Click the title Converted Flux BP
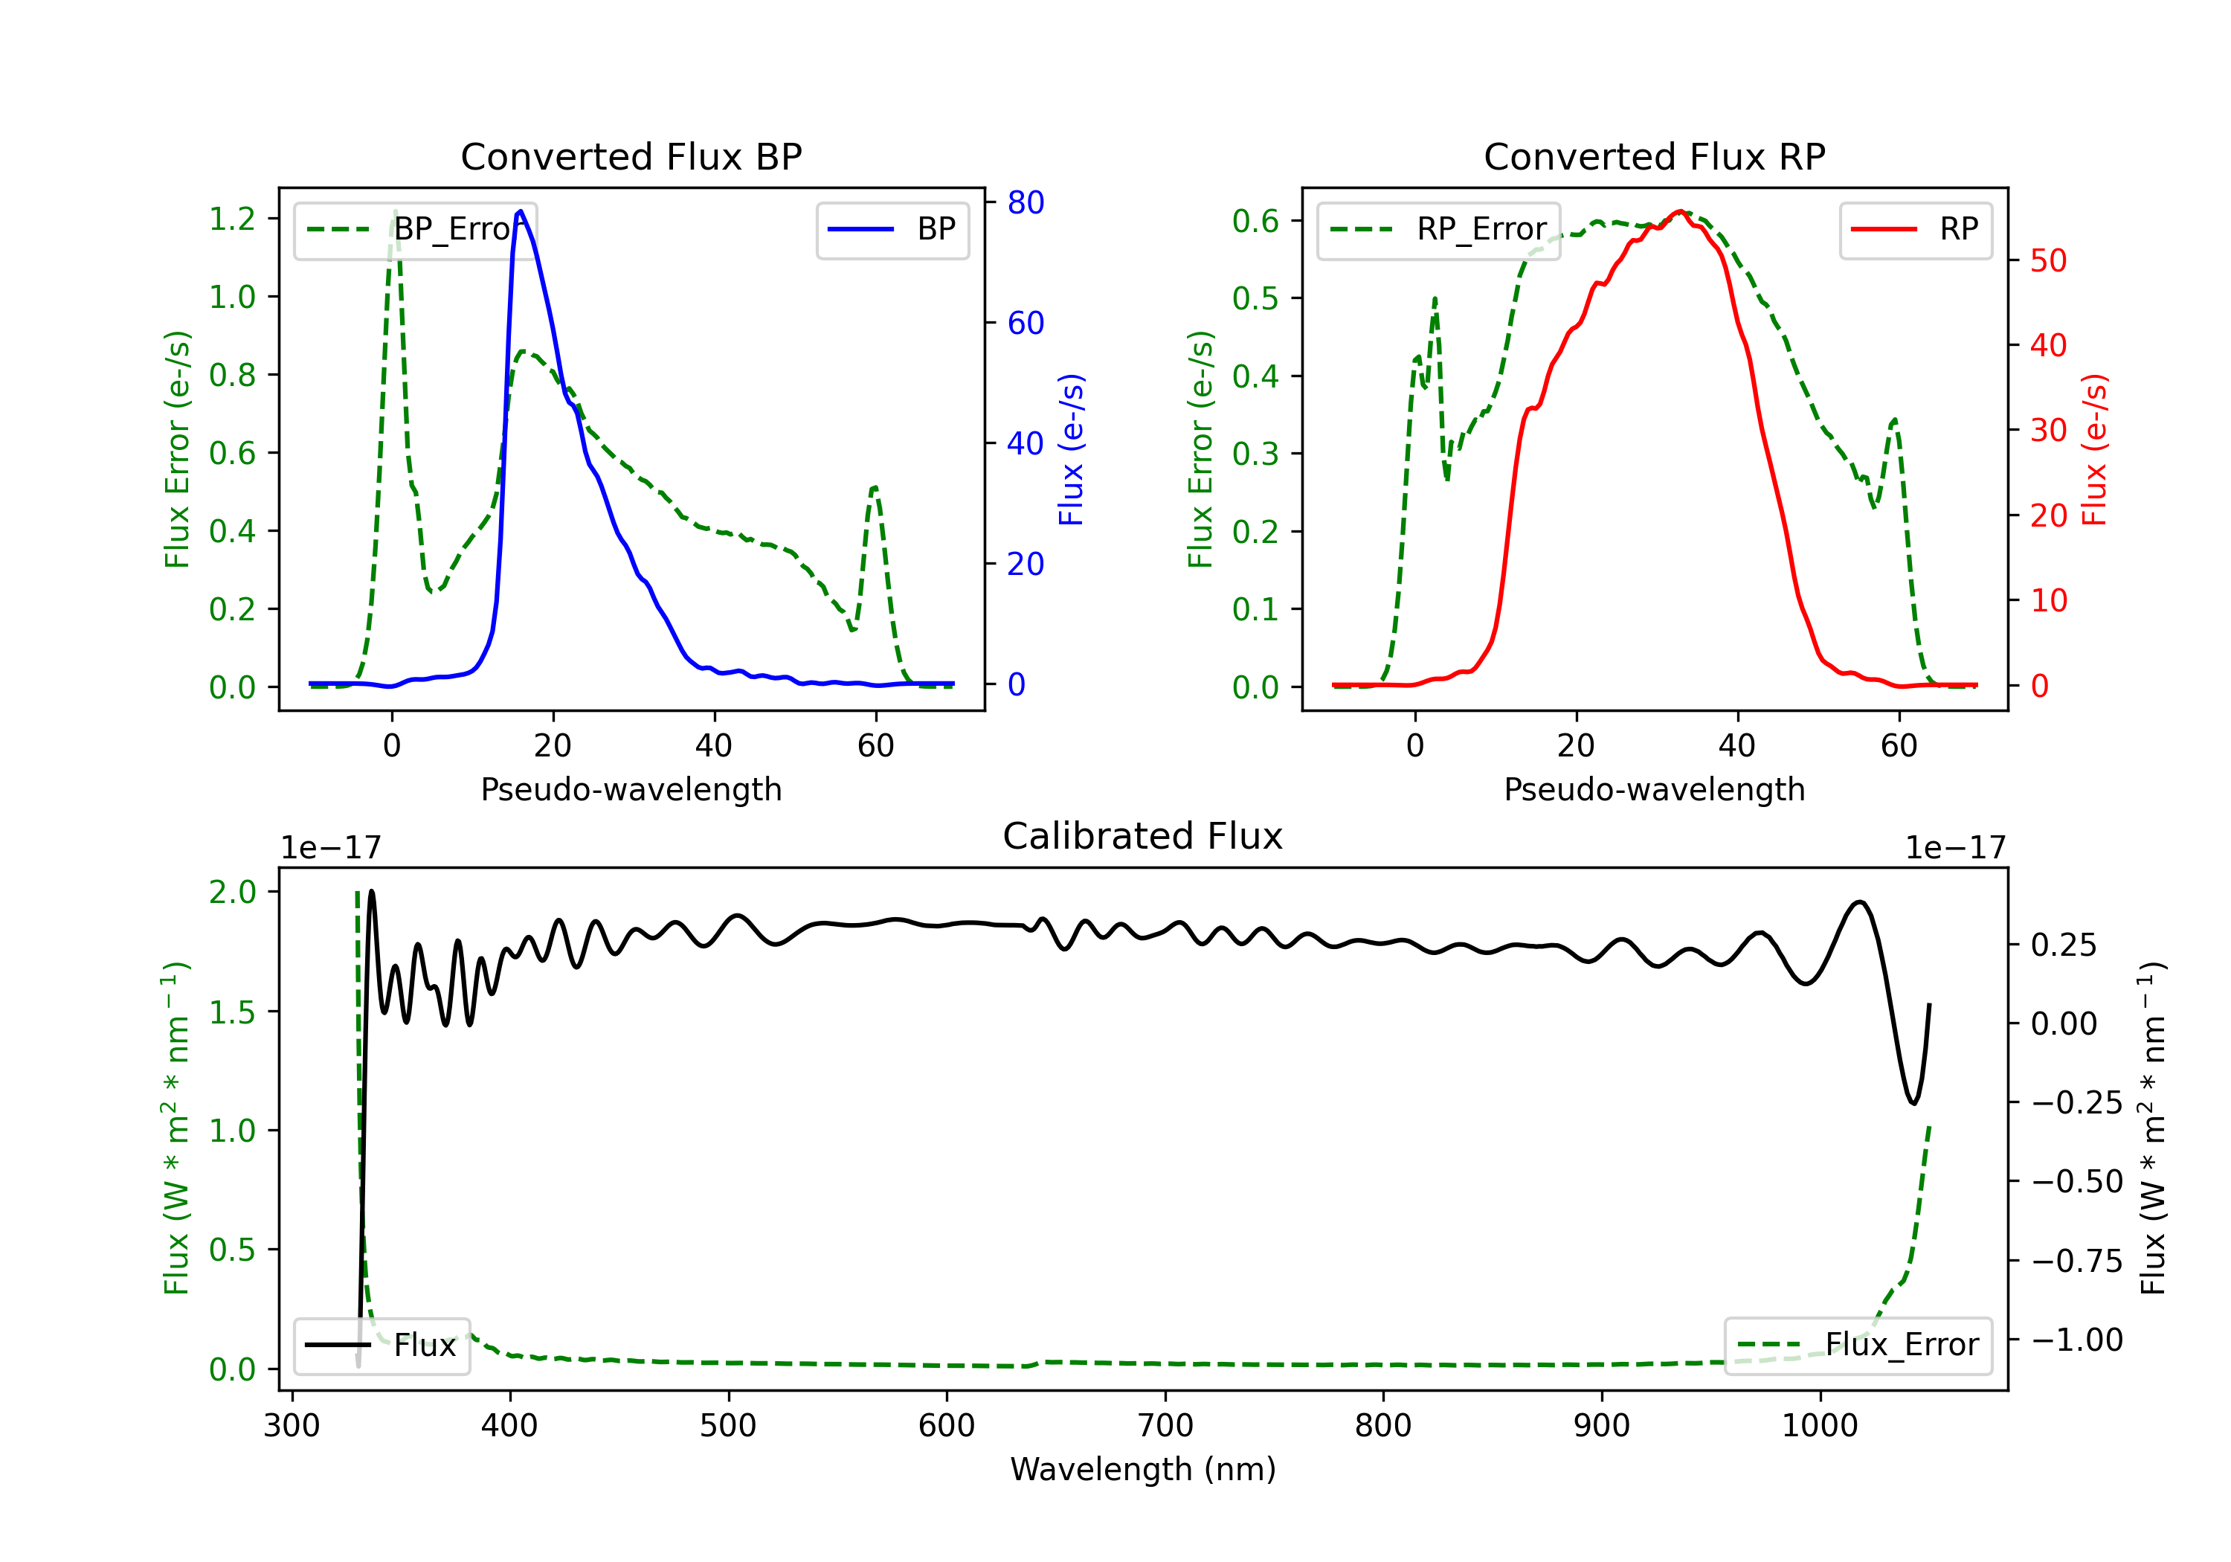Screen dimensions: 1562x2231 pyautogui.click(x=631, y=156)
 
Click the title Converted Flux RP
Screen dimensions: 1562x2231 pyautogui.click(x=1654, y=156)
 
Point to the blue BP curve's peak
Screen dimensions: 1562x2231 pyautogui.click(x=521, y=211)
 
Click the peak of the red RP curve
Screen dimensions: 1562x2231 pyautogui.click(x=1679, y=211)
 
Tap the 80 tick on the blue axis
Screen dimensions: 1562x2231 pyautogui.click(x=1025, y=202)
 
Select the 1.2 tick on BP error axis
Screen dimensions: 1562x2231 pyautogui.click(x=232, y=219)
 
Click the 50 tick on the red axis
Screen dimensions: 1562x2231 pyautogui.click(x=2047, y=260)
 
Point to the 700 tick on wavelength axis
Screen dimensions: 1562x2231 pyautogui.click(x=1165, y=1425)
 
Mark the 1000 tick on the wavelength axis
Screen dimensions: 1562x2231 pyautogui.click(x=1819, y=1425)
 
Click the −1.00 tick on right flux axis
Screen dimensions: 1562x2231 pyautogui.click(x=2076, y=1340)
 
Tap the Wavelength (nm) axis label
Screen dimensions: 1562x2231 pyautogui.click(x=1143, y=1469)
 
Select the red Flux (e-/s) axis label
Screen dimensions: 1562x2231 pyautogui.click(x=2094, y=450)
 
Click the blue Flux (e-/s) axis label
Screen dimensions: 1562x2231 pyautogui.click(x=1071, y=450)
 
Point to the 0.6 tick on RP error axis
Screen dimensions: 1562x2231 pyautogui.click(x=1255, y=221)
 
